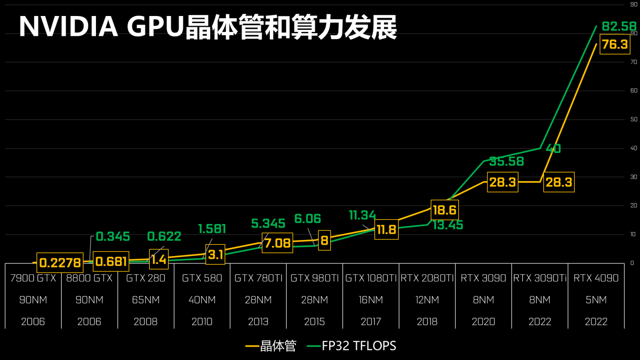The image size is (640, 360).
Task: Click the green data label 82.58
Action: [619, 26]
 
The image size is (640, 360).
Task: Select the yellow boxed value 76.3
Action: [615, 44]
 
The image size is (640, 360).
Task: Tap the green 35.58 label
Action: [506, 161]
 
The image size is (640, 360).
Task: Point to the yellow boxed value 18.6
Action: [444, 210]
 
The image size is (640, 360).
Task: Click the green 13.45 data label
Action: [448, 225]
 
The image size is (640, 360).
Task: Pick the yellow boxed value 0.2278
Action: [60, 263]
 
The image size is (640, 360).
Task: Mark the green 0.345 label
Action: [113, 236]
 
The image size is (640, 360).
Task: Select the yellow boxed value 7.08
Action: [277, 243]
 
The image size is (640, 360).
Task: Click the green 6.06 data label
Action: [308, 219]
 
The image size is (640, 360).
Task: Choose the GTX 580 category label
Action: [202, 278]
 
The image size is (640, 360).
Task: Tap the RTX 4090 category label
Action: [596, 278]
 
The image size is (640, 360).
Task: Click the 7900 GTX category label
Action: [33, 278]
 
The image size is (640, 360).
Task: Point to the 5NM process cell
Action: [596, 300]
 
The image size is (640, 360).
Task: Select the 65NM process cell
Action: [146, 300]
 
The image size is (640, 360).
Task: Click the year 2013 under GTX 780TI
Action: [258, 321]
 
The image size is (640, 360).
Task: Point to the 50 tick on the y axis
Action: [634, 120]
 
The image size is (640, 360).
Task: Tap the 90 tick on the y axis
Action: [634, 4]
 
